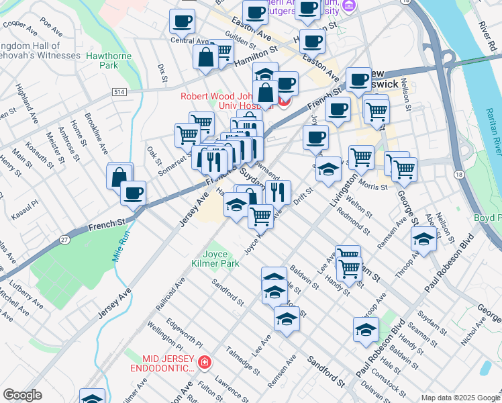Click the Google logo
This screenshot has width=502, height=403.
22,396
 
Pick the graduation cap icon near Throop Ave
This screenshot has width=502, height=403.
424,239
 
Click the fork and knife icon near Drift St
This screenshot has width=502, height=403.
278,192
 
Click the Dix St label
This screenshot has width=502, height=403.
162,73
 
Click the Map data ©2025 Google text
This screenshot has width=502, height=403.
460,397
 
